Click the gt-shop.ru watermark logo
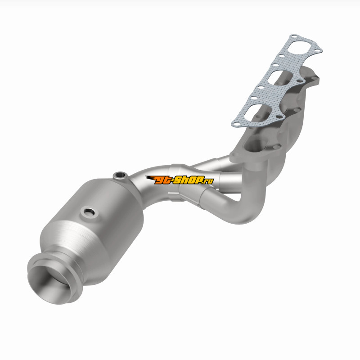180,180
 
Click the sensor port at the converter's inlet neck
120,175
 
